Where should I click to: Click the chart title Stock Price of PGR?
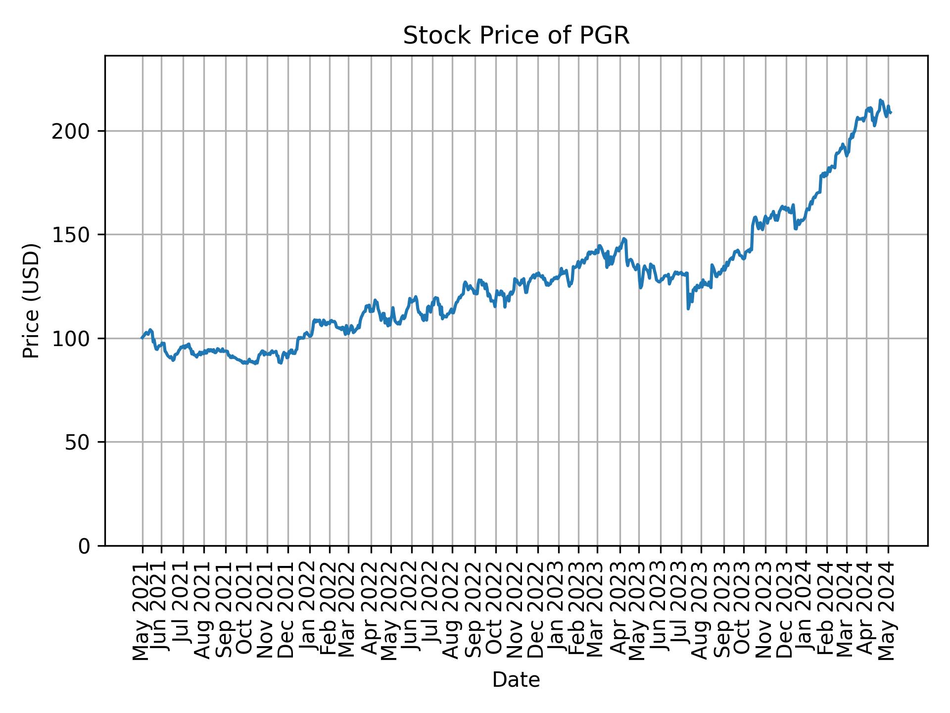coord(516,36)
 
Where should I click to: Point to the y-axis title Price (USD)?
coord(31,301)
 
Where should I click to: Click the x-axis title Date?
coord(516,680)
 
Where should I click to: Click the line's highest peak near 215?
coord(880,100)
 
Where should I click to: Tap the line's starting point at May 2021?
coord(142,338)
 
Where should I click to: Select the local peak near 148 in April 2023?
coord(624,239)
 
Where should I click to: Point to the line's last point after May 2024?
coord(891,113)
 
